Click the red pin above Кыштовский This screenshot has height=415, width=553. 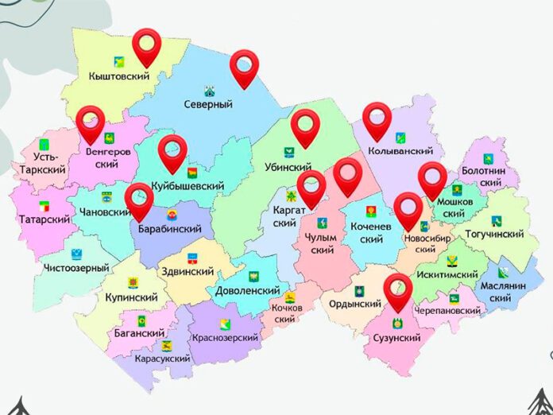coord(147,46)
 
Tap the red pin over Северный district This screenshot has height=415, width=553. coord(246,68)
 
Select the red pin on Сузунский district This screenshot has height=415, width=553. coord(398,291)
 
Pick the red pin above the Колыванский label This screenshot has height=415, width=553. coord(377,120)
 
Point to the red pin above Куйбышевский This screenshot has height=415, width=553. coord(172,152)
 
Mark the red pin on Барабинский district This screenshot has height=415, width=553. coord(140,200)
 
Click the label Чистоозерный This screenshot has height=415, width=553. coord(77,268)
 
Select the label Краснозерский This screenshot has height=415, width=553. coord(225,338)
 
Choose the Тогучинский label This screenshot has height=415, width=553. coord(494,235)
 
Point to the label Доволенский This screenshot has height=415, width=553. coord(247,291)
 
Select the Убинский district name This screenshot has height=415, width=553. coord(287,169)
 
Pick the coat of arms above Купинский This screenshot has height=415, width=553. coord(133,282)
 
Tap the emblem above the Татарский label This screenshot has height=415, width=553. coord(44,206)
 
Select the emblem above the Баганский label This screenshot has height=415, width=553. coord(140,321)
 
